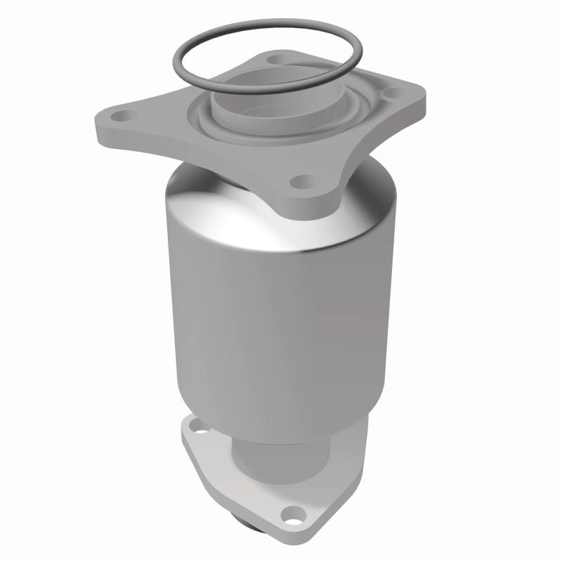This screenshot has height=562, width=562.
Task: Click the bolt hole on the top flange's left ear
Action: [x=125, y=115]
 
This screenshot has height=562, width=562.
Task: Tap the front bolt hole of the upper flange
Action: [x=303, y=183]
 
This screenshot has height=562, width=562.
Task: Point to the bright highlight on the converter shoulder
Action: [x=211, y=211]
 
